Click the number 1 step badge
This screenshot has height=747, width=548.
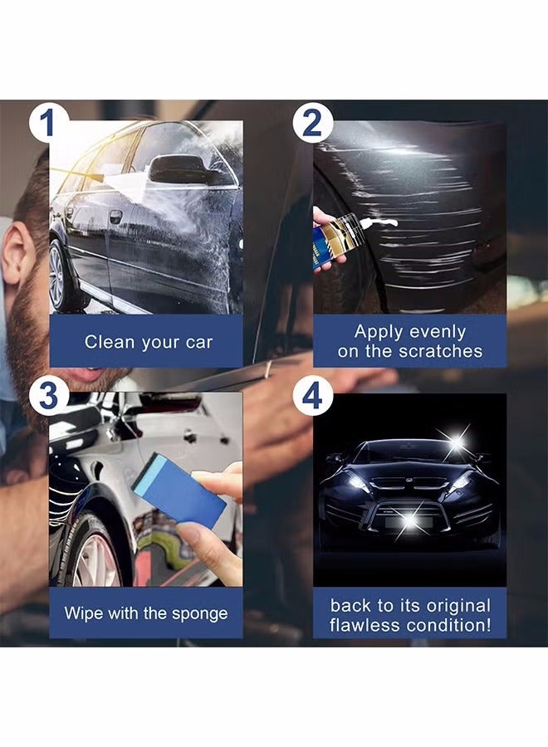click(49, 123)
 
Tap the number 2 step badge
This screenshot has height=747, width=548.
click(312, 123)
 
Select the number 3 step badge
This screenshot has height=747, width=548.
click(49, 396)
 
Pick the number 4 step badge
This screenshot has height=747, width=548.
click(312, 398)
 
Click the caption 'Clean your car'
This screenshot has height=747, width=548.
click(148, 342)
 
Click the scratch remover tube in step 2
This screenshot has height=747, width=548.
click(340, 243)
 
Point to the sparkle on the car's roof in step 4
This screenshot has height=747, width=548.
click(455, 442)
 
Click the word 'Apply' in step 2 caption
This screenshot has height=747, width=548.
click(379, 332)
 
